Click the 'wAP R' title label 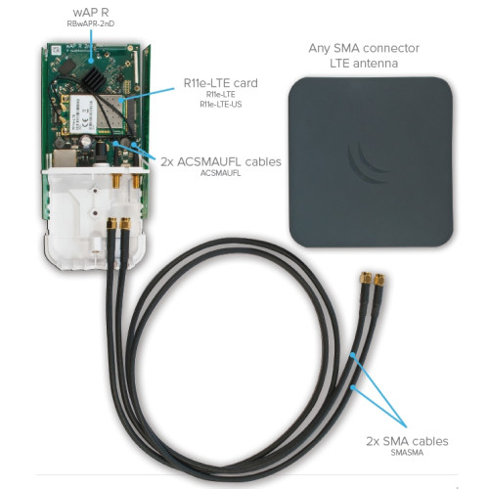point(91,12)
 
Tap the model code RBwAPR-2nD point(91,23)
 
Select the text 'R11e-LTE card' point(221,83)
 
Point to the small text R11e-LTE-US point(221,105)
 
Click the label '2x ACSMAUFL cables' point(221,161)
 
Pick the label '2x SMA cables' point(407,441)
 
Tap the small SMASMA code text point(407,453)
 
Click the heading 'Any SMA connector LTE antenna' point(364,56)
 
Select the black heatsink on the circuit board point(95,78)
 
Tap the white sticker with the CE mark point(84,113)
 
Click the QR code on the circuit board point(56,51)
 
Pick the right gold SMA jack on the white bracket point(136,181)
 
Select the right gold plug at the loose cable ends point(378,280)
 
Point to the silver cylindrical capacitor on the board point(87,141)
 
